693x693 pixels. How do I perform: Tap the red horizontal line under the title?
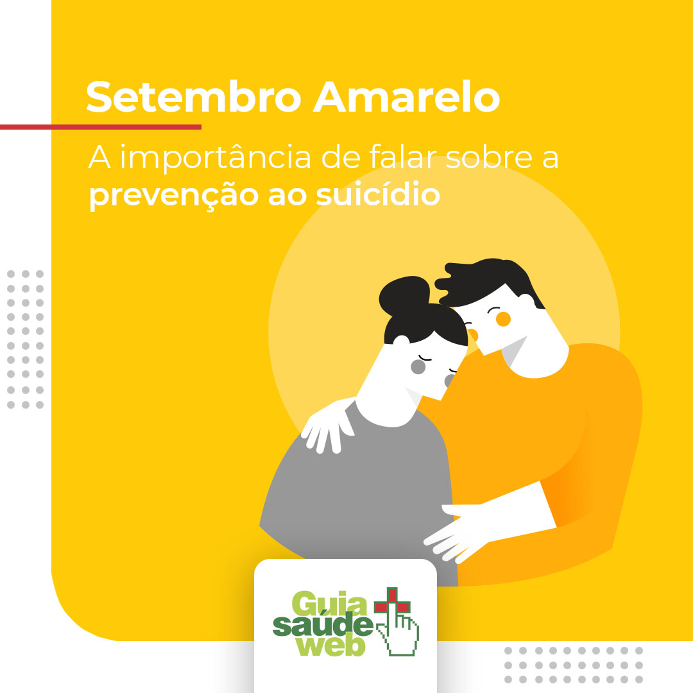click(x=101, y=127)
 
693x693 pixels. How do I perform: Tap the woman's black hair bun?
click(x=404, y=293)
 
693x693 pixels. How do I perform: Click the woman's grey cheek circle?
click(x=418, y=367)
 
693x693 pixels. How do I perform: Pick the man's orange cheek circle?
click(x=503, y=319)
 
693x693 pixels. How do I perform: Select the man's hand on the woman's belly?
click(x=459, y=529)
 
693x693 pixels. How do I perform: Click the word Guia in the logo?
click(x=329, y=604)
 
